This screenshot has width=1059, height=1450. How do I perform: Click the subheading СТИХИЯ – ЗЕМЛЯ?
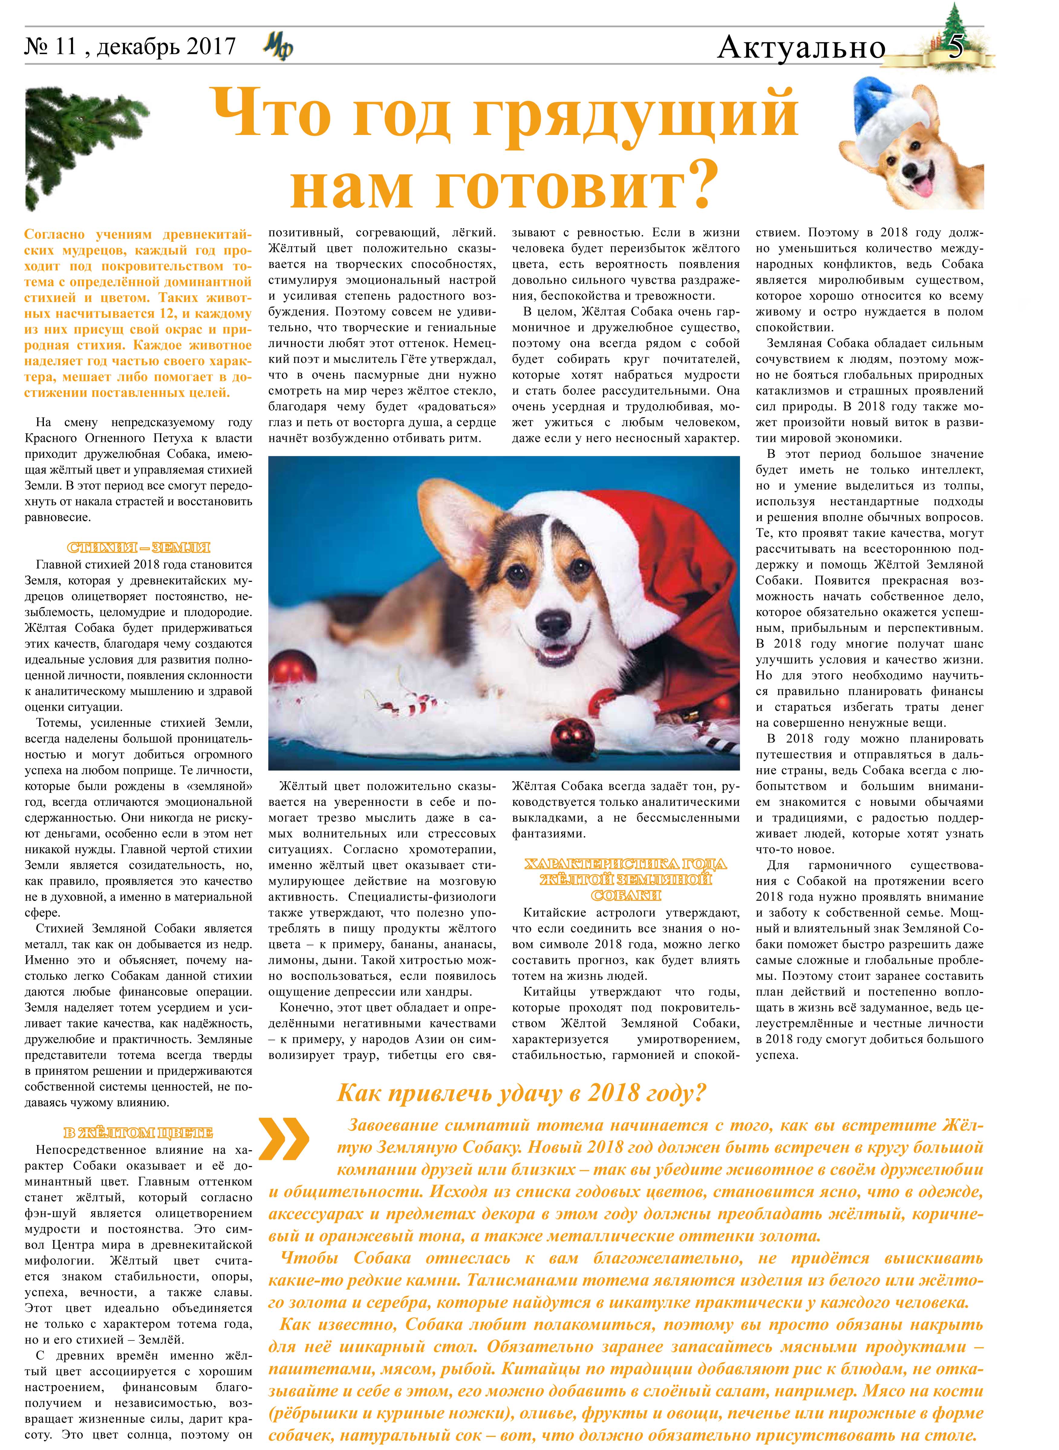tap(138, 548)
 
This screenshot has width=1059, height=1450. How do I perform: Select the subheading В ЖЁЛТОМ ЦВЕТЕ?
tap(138, 1133)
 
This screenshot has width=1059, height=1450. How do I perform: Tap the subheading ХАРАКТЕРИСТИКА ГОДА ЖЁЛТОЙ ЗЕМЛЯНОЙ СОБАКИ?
tap(626, 879)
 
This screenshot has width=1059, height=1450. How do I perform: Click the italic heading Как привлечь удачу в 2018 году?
tap(523, 1093)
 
